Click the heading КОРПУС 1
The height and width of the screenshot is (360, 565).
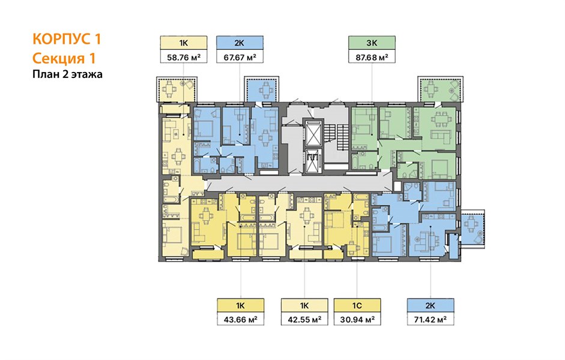[x=67, y=39]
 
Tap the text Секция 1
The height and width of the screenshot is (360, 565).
[x=64, y=58]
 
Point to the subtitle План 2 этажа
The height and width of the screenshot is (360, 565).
[x=67, y=74]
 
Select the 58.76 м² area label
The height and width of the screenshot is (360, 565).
[x=184, y=57]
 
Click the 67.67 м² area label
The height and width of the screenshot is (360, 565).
[x=240, y=57]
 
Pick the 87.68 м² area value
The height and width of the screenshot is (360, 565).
[x=372, y=57]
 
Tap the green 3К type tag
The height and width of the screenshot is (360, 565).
[x=372, y=43]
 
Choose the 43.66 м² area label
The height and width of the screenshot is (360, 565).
[x=241, y=319]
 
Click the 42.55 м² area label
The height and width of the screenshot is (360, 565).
[x=304, y=319]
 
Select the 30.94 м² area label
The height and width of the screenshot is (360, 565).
[x=357, y=319]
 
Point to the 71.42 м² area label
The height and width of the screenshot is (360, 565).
[x=431, y=319]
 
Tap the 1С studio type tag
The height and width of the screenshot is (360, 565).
[x=357, y=305]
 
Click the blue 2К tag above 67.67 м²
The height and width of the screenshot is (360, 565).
[x=240, y=43]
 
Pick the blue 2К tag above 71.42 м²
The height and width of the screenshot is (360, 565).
[x=431, y=305]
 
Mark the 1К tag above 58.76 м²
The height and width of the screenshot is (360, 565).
[x=184, y=43]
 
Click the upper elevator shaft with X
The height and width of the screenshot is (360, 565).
[x=312, y=133]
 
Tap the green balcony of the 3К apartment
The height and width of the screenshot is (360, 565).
[x=438, y=89]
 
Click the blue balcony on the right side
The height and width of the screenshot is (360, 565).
[x=473, y=226]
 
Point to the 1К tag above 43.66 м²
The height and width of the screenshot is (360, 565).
[x=241, y=305]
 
